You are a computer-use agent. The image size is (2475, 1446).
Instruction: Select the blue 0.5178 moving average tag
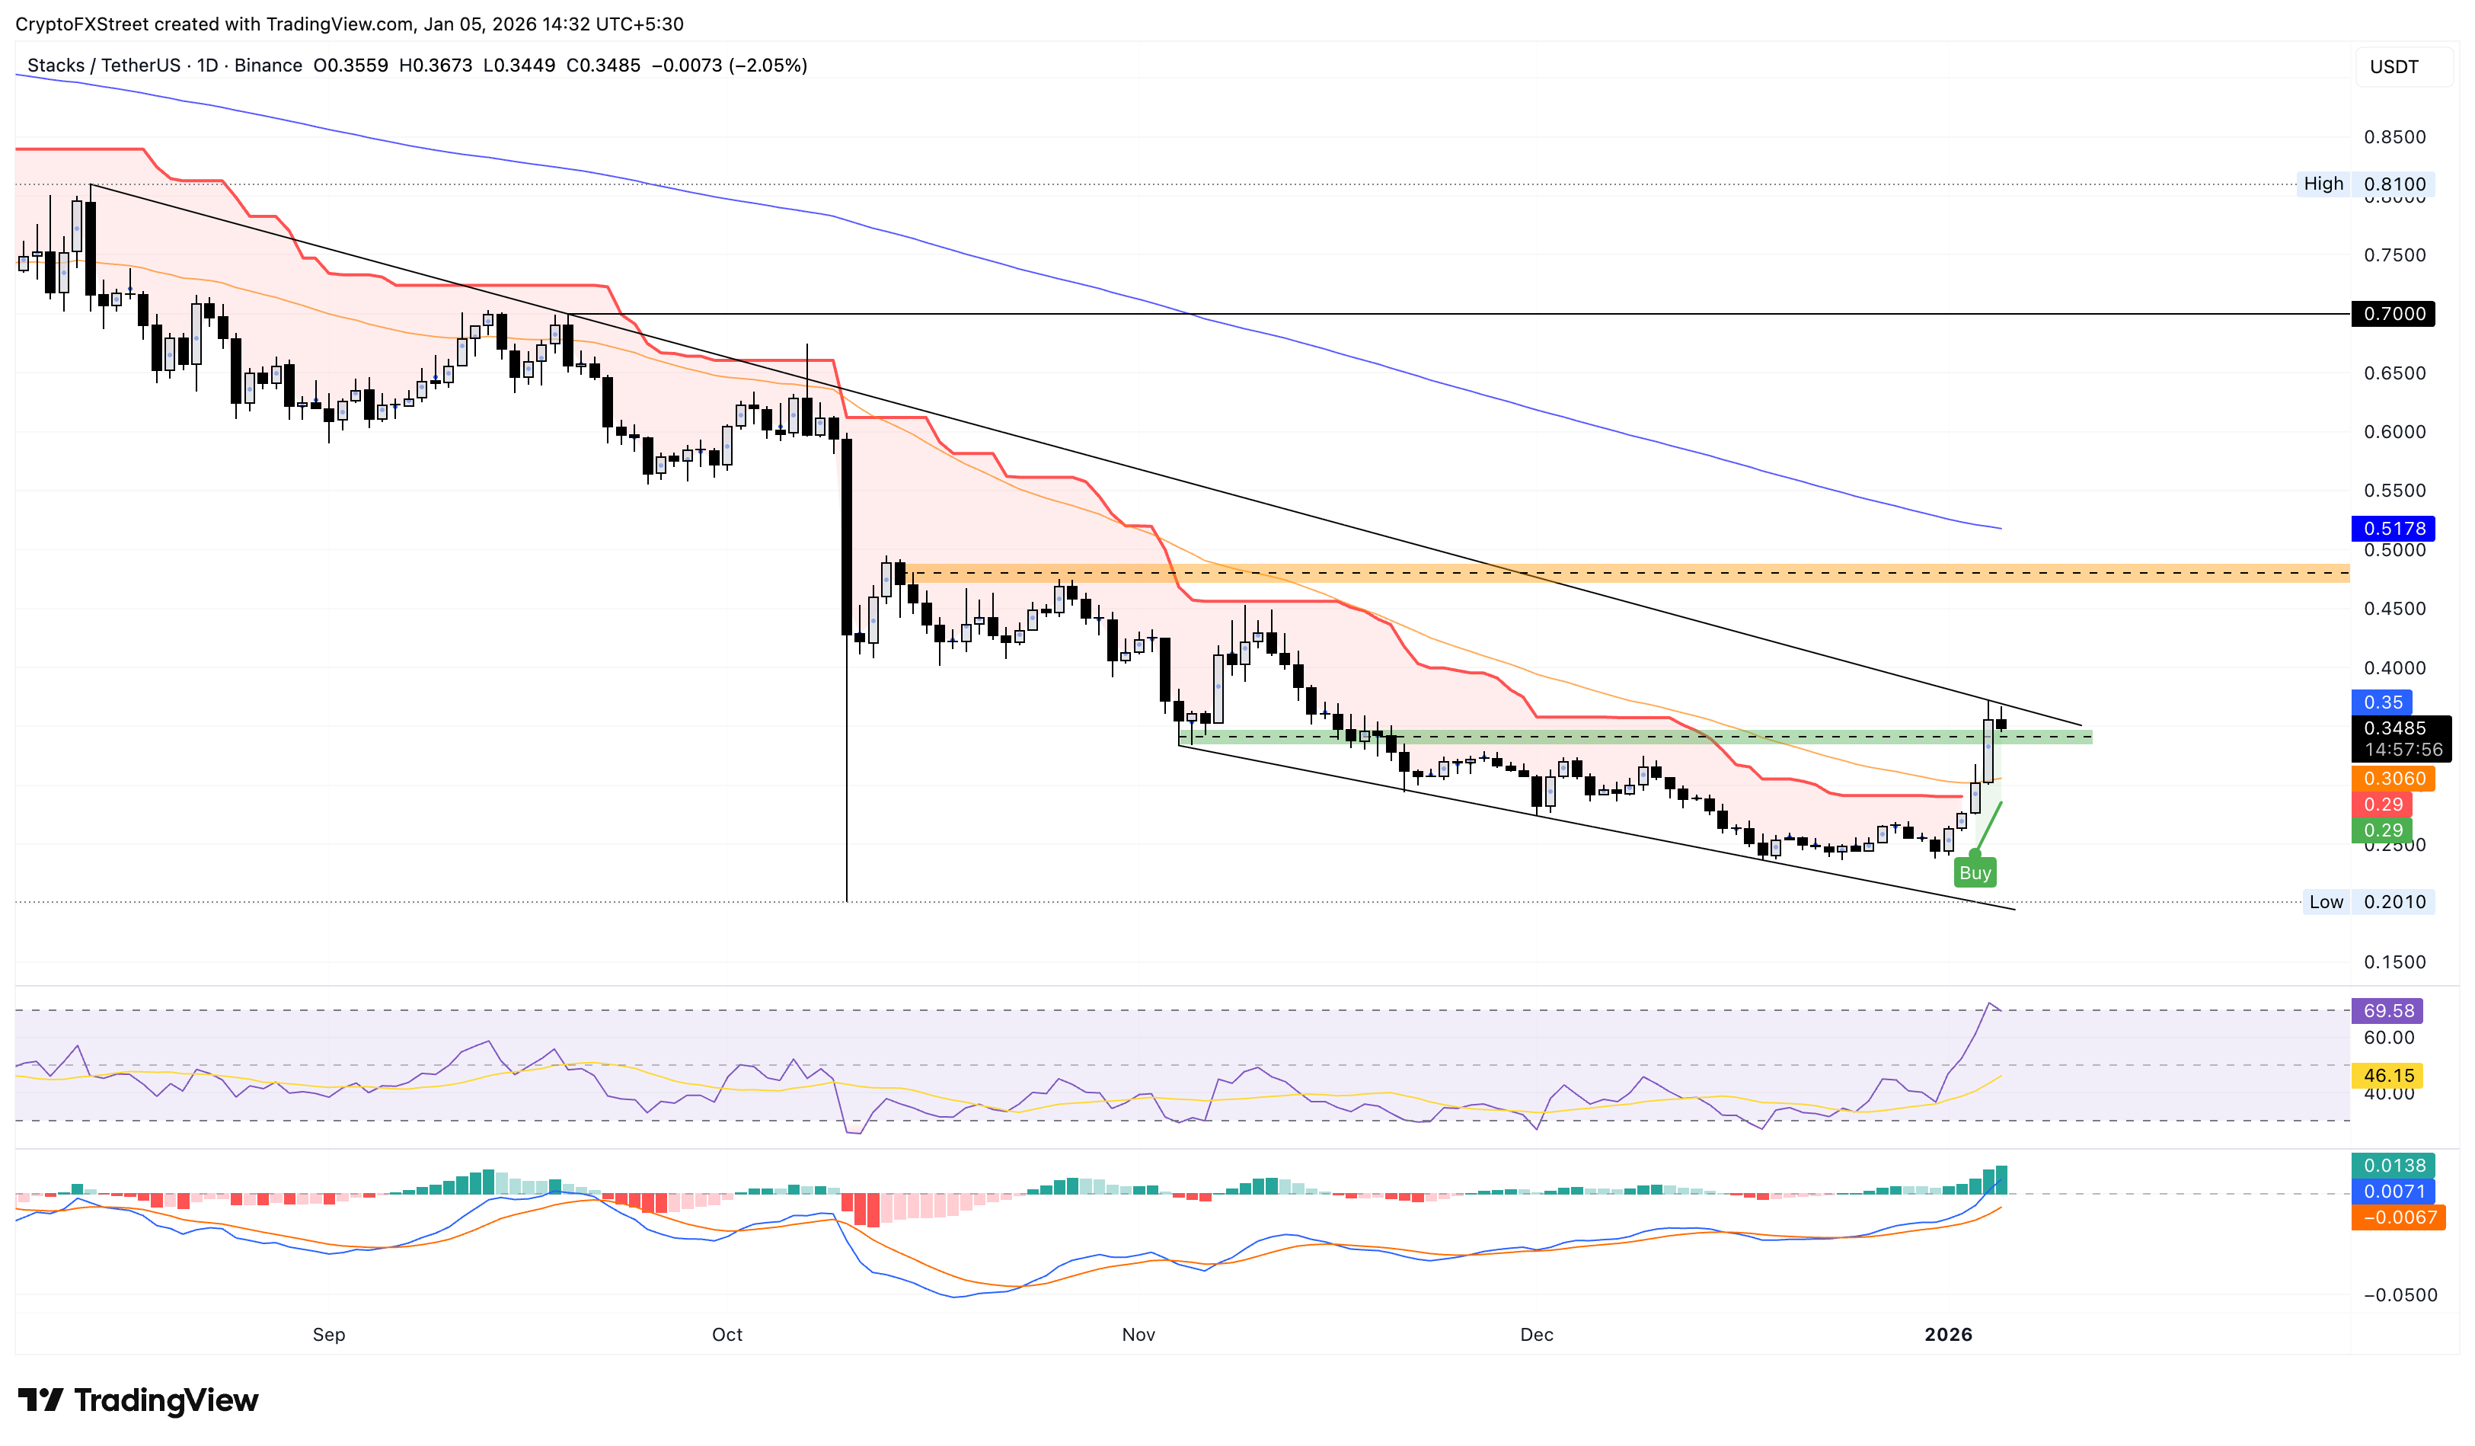[x=2394, y=529]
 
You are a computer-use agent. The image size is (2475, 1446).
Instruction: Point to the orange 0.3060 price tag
[x=2394, y=779]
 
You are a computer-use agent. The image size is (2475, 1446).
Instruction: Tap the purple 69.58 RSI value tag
[x=2387, y=1011]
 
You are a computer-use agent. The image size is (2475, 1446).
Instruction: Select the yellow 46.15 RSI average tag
[x=2387, y=1076]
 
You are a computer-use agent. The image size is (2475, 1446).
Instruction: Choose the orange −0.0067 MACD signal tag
[x=2397, y=1218]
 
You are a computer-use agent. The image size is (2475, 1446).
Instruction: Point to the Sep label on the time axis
[x=329, y=1335]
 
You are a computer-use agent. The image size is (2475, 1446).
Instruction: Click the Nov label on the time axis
[x=1138, y=1335]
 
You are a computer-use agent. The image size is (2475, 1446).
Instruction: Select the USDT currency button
[x=2394, y=67]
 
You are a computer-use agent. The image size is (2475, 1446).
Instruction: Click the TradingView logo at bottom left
[x=139, y=1400]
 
